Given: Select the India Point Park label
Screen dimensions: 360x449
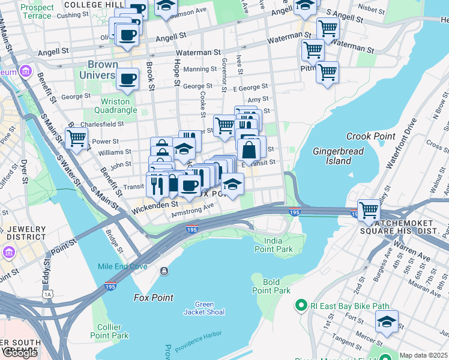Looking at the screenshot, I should (273, 244).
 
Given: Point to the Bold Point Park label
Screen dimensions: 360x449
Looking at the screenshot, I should (271, 286).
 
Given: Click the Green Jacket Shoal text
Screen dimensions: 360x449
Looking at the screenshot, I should (204, 308).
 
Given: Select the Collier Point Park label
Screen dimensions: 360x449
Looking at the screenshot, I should (109, 331).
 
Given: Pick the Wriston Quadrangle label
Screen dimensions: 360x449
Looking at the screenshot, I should (111, 106).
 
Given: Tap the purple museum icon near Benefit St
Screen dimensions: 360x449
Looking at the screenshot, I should (25, 72).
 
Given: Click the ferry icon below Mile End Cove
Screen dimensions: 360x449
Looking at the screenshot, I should (164, 272).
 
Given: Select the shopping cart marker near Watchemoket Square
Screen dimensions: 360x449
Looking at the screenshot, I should (369, 210).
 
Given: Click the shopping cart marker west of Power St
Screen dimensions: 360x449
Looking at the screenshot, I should (77, 138).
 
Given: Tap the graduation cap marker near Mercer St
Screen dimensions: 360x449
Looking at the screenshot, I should (387, 322).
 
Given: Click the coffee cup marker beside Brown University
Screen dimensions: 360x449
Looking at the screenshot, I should (127, 79).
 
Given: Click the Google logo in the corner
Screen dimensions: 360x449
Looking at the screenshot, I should (20, 353).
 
